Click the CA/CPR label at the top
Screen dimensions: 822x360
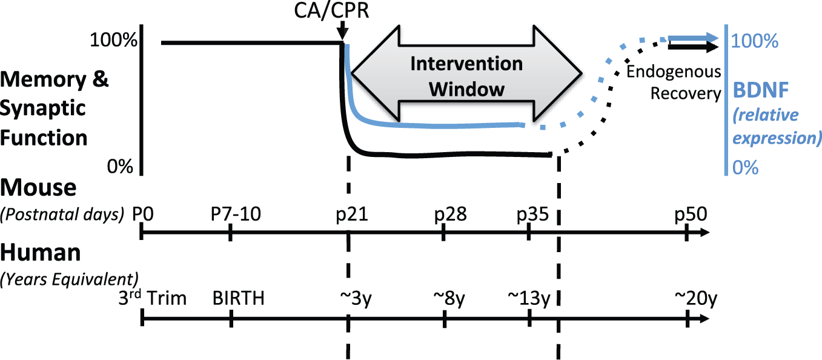point(331,10)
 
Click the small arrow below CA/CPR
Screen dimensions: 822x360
point(342,30)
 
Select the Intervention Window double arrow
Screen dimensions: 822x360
point(466,73)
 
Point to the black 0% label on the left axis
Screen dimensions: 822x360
point(120,167)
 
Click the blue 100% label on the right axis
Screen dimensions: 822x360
point(755,41)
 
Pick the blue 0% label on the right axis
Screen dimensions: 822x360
point(745,168)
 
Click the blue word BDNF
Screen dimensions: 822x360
point(761,90)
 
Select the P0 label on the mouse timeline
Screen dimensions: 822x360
point(143,214)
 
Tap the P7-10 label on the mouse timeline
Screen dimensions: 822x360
point(236,214)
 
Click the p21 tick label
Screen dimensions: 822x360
point(352,215)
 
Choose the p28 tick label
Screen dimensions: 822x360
point(450,215)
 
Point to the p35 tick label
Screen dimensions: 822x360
point(532,215)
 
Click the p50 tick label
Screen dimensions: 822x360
point(691,215)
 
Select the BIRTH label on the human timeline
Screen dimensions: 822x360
point(239,298)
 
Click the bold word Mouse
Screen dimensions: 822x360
point(38,188)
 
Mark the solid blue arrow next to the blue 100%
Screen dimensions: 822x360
point(693,38)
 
